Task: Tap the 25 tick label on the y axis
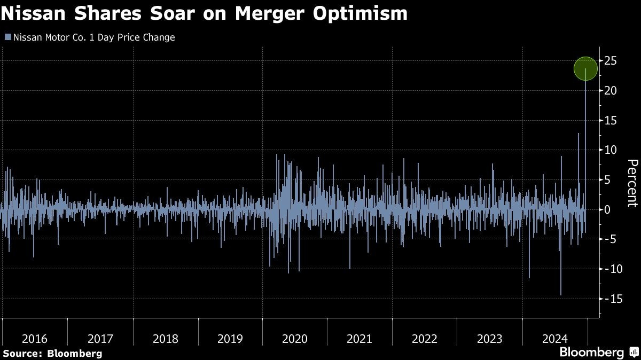tap(611, 61)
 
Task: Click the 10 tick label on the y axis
tap(611, 150)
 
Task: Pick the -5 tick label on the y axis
tap(609, 239)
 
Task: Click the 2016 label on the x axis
tap(35, 339)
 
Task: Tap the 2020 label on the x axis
tap(295, 339)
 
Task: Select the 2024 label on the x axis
tap(555, 339)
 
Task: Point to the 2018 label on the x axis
tap(165, 339)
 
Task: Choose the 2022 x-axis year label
tap(425, 339)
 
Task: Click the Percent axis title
tap(632, 183)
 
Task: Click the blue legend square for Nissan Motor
tap(7, 37)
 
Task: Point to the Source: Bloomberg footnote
tap(52, 353)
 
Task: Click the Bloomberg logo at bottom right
tap(591, 352)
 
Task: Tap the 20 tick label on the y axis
tap(611, 91)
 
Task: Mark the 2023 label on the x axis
tap(490, 339)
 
